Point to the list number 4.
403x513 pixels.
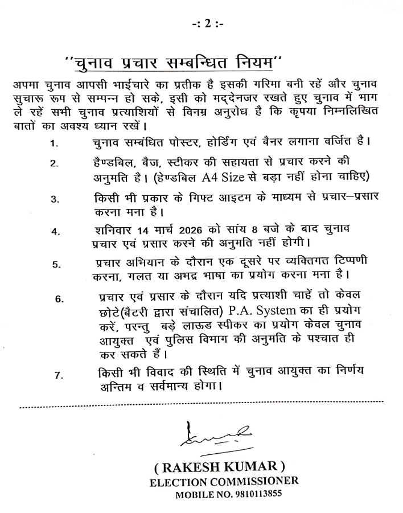coord(55,232)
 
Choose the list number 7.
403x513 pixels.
coord(59,375)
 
